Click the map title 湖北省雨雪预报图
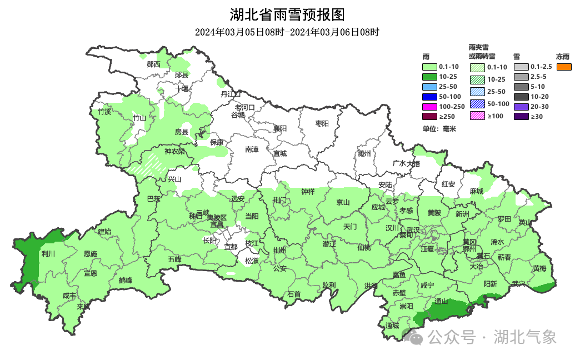coord(287,14)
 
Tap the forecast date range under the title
coord(287,32)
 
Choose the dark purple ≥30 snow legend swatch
coord(521,116)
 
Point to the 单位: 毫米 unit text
coord(439,129)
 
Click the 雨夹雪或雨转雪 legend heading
coord(482,52)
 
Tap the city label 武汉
coord(413,230)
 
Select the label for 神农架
coord(174,151)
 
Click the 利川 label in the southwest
coord(48,254)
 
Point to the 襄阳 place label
coord(280,128)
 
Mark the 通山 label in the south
coord(441,302)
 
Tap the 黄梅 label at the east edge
coord(539,268)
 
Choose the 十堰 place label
coord(182,88)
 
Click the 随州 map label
coord(364,154)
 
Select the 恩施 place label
coord(90,254)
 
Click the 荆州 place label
coord(279,251)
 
